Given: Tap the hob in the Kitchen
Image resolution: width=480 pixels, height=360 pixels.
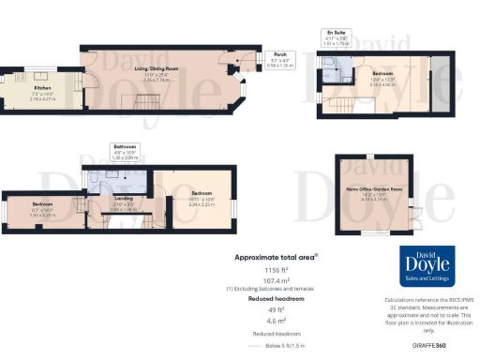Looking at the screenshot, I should click(x=37, y=73).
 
